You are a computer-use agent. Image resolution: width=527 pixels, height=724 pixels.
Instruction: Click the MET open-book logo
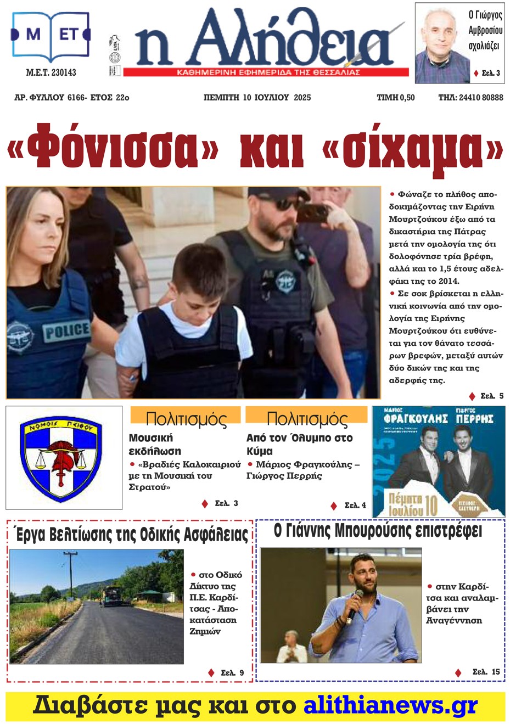click(51, 36)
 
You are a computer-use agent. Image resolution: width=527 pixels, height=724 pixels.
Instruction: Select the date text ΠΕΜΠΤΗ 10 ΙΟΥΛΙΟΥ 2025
click(257, 98)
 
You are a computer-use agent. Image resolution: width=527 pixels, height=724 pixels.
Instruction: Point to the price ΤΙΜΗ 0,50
click(395, 98)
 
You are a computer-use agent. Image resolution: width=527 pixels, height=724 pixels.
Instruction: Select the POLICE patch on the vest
click(66, 331)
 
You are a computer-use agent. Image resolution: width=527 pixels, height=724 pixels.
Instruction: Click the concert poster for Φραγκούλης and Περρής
click(438, 461)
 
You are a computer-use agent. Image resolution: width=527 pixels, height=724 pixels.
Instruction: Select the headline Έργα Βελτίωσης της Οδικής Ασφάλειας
click(132, 534)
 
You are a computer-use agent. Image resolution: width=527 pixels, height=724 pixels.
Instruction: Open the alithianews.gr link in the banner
click(390, 705)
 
